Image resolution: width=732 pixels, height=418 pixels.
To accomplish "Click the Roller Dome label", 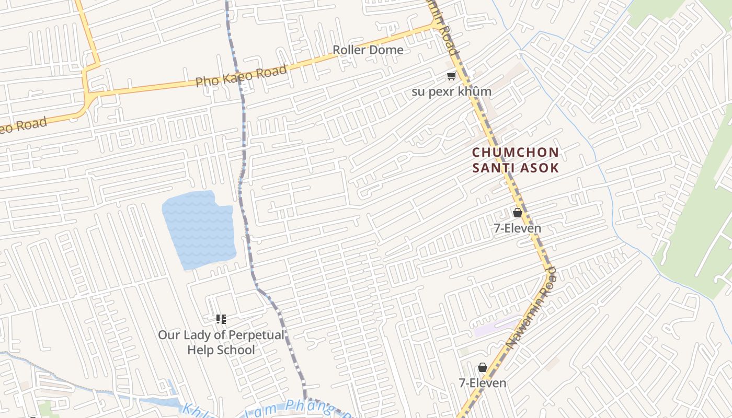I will click(368, 50).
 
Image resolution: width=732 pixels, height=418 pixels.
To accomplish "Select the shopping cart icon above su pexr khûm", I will click(451, 76).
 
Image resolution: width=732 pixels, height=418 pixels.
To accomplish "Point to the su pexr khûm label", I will click(452, 91).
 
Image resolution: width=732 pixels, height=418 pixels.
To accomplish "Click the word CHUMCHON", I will click(516, 153).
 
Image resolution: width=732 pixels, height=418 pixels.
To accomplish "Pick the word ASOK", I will click(540, 168).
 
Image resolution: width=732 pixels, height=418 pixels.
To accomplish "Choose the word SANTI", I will click(494, 168).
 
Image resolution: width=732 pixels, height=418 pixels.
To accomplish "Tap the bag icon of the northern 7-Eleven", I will click(517, 213).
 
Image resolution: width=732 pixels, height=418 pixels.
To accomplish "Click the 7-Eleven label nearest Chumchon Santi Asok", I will click(518, 228).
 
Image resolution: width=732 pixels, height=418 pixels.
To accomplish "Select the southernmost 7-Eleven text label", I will click(483, 383).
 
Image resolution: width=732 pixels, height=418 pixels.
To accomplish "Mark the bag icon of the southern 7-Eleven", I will click(483, 367).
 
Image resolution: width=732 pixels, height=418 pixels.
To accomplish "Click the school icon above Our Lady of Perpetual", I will click(221, 319).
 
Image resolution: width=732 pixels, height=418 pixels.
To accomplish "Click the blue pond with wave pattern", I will click(199, 230).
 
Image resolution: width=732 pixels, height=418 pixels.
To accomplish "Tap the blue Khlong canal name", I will click(261, 408).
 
